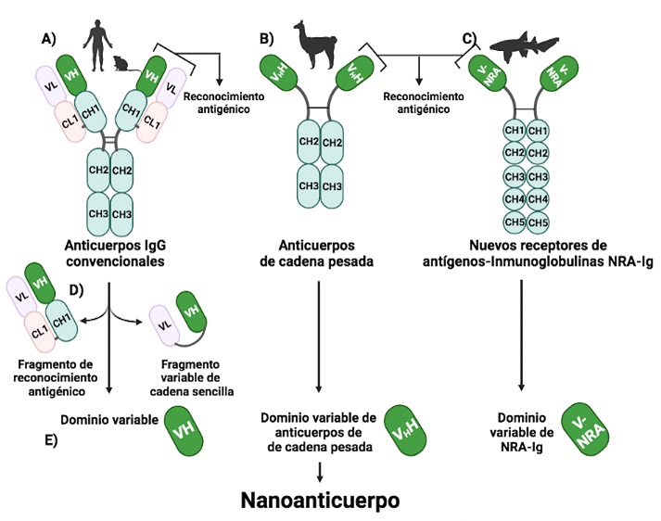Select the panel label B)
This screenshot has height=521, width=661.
[267, 39]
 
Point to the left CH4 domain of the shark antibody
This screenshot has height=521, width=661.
[513, 198]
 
